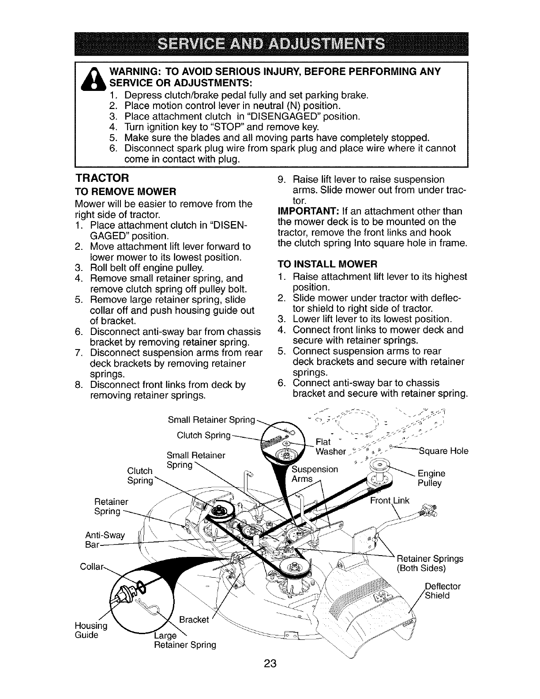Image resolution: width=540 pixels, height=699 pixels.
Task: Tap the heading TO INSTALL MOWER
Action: click(327, 264)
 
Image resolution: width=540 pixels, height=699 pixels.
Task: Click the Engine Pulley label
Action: click(431, 478)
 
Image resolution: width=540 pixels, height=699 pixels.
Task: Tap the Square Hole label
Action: click(443, 451)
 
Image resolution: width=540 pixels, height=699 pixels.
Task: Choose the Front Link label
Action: click(390, 500)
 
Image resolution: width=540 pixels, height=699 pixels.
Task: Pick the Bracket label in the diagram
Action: click(194, 619)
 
